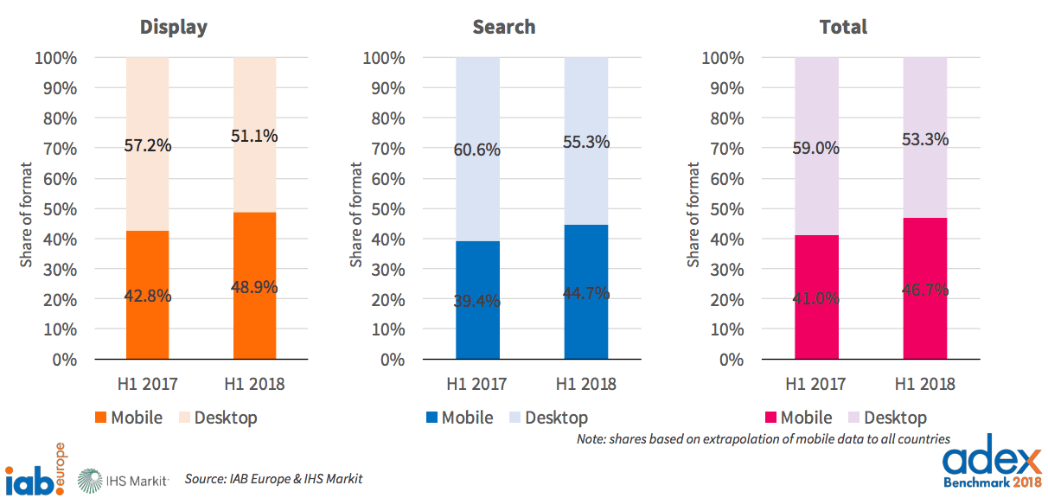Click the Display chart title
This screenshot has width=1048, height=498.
coord(174,27)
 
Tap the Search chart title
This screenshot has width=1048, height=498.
coord(504,27)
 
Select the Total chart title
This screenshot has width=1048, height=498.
coord(843,27)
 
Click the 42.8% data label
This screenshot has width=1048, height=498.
coord(147,296)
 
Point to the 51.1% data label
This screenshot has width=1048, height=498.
coord(254,136)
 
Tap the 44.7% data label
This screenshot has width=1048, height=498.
coord(585,293)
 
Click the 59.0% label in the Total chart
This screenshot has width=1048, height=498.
coord(816,148)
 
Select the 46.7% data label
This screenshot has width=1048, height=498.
coord(924,290)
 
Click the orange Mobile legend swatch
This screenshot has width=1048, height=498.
coord(99,418)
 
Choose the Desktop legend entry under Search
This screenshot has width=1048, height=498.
coord(548,418)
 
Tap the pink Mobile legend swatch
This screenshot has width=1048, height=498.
coord(770,418)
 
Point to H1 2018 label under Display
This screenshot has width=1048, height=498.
coord(254,384)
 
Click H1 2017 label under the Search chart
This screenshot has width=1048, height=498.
coord(477,384)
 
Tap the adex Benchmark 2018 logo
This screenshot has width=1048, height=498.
coord(991,467)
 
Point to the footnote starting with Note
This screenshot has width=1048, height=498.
coord(764,439)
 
